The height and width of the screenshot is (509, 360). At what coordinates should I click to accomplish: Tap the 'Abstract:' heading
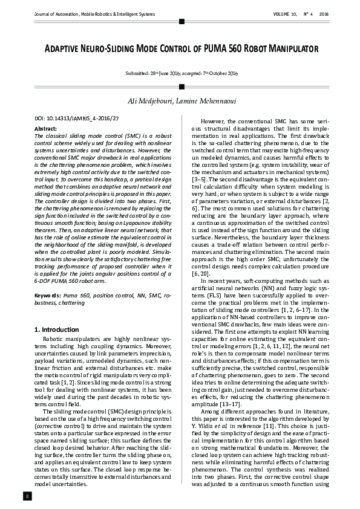click(45, 129)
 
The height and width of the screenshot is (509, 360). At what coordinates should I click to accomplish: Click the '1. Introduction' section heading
click(56, 329)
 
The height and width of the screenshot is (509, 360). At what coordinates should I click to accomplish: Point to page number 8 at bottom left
click(27, 496)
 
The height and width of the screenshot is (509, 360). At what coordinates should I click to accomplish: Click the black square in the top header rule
click(181, 21)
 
